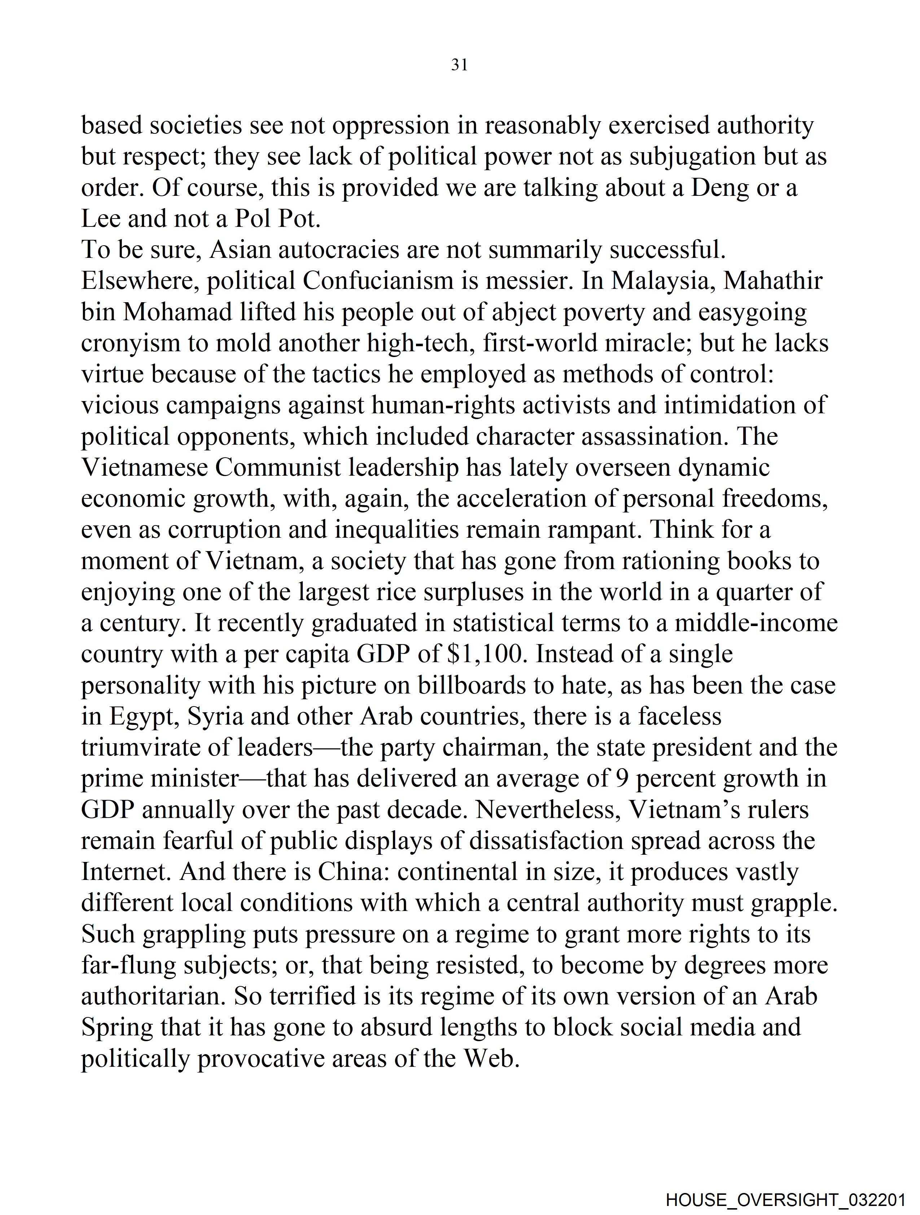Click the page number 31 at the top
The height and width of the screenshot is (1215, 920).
pos(459,65)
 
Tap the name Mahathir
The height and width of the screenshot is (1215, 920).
pos(773,281)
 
